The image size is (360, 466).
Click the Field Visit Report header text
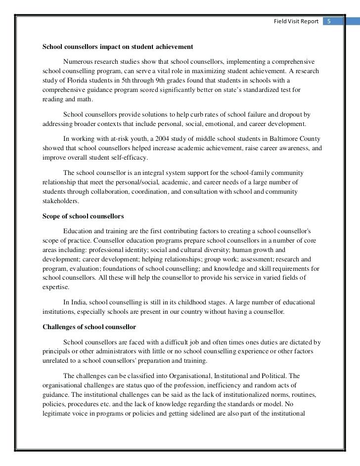297,21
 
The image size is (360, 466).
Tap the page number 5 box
328,21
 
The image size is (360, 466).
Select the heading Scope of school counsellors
83,216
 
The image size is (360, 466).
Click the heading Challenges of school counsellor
89,327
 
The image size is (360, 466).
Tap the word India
80,302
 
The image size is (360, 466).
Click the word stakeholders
60,201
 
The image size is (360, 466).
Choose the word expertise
56,287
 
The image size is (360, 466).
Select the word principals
57,351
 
